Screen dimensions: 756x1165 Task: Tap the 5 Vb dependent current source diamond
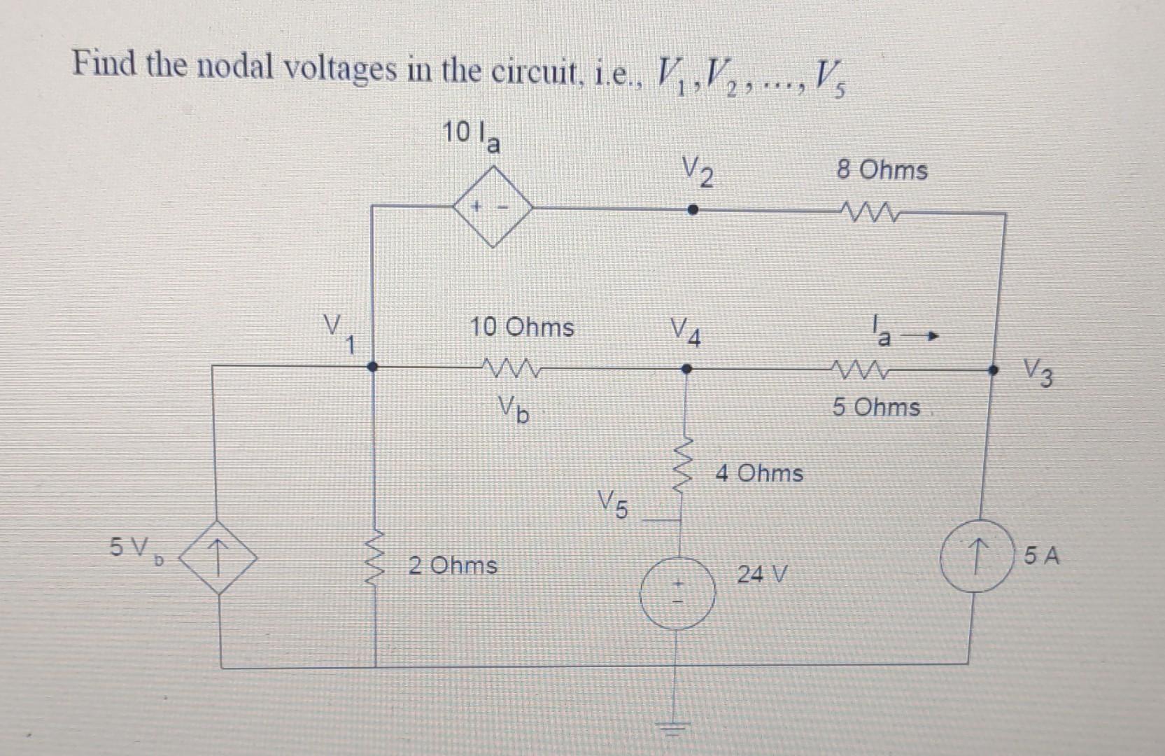(x=219, y=558)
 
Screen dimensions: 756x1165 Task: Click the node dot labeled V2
(x=691, y=209)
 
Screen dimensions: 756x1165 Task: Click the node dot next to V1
(x=373, y=366)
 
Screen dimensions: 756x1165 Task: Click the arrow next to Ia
(x=920, y=338)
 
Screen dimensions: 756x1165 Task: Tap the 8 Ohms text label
(x=882, y=170)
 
